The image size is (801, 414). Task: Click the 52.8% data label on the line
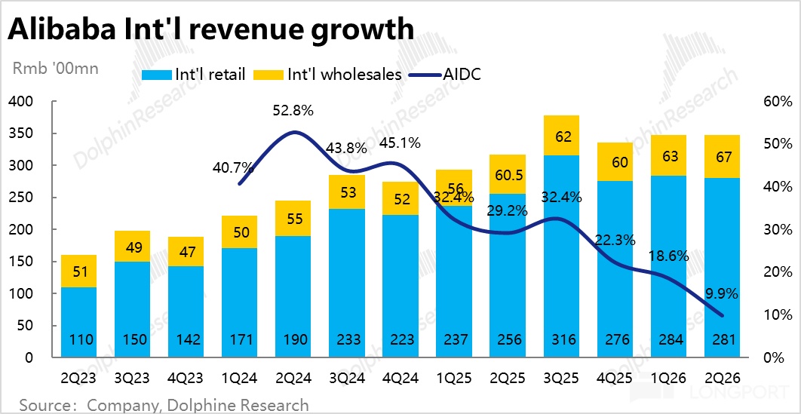(x=293, y=111)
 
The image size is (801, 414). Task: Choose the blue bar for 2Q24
(x=293, y=294)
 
